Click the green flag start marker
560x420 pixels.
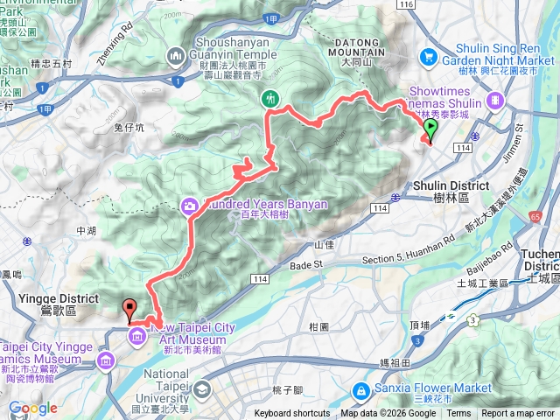[x=430, y=131]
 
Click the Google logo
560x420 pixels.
[x=32, y=409]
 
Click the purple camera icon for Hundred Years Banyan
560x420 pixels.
[x=190, y=206]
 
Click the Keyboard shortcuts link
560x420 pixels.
[x=292, y=414]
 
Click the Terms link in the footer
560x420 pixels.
[x=458, y=414]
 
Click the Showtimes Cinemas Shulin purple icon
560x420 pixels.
[x=496, y=100]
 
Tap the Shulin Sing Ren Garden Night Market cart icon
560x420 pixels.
[x=428, y=58]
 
